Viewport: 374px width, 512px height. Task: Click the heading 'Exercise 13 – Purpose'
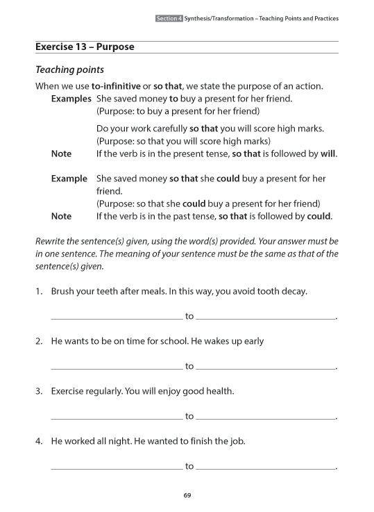click(85, 47)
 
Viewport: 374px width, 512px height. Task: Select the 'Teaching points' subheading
click(69, 69)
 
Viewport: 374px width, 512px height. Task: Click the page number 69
click(187, 495)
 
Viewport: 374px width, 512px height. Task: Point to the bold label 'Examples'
click(71, 99)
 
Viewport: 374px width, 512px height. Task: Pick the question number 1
click(39, 291)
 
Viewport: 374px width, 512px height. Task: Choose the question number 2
click(39, 341)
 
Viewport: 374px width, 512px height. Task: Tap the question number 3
click(39, 391)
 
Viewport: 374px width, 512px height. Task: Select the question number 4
click(39, 441)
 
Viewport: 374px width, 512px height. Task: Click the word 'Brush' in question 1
click(65, 291)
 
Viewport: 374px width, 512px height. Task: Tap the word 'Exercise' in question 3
click(70, 391)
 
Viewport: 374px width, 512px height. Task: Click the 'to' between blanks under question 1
click(189, 317)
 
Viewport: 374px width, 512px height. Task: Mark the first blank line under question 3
click(117, 419)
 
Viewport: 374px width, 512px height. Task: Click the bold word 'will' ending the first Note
click(328, 154)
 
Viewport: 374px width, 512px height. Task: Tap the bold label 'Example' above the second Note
click(69, 179)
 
